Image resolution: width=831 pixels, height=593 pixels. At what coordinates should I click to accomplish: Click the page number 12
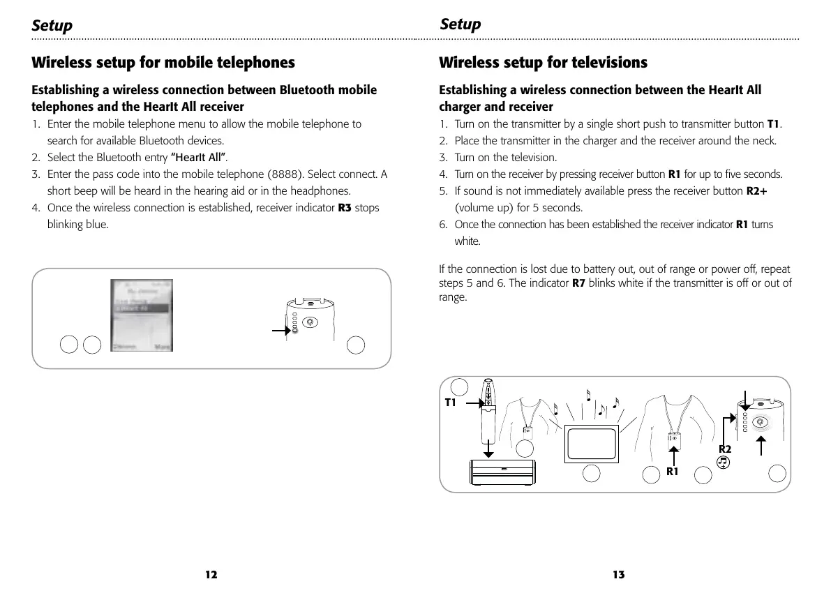point(211,575)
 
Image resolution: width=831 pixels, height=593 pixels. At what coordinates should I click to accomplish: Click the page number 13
point(618,575)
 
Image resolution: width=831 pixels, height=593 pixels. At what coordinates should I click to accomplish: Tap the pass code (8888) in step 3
point(284,174)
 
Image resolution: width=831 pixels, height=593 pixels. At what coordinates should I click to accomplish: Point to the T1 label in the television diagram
point(451,403)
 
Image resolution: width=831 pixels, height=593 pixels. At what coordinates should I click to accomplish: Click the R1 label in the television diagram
point(673,472)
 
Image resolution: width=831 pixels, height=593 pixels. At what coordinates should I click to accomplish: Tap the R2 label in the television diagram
point(725,449)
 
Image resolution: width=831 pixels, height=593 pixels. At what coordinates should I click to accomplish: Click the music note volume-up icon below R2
point(725,462)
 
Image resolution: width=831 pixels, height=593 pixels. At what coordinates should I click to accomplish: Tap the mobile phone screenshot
point(142,316)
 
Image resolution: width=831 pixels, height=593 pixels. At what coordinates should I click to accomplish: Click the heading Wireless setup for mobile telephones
point(163,63)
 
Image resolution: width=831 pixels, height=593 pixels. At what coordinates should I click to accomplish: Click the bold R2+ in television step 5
point(757,191)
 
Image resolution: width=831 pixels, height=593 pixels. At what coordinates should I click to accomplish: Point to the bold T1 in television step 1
point(773,124)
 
